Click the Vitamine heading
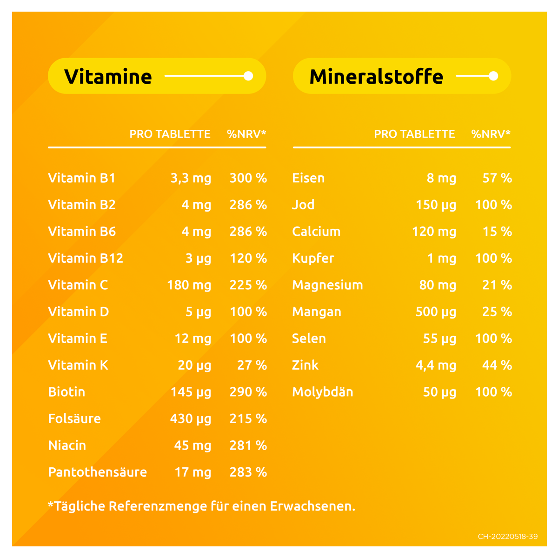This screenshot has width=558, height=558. (x=108, y=77)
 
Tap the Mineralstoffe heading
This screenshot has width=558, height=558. (x=376, y=77)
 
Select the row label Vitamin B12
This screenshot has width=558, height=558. (x=86, y=258)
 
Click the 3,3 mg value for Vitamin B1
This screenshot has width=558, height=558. (x=191, y=178)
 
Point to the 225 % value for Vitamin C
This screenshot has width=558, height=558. (x=248, y=285)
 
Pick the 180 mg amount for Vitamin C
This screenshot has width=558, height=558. (x=189, y=285)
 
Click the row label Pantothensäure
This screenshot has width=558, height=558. (x=98, y=472)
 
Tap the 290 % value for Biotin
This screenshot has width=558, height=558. (x=248, y=392)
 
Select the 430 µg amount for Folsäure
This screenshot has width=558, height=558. (x=191, y=419)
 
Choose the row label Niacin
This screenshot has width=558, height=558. (x=67, y=445)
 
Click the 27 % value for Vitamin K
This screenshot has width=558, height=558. (x=252, y=365)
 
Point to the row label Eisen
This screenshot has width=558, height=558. (x=308, y=178)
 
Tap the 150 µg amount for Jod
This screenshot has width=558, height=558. (x=436, y=205)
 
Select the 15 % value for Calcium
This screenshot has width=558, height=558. (x=497, y=232)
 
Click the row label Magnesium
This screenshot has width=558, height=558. (x=327, y=285)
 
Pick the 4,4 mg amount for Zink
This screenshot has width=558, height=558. (x=436, y=365)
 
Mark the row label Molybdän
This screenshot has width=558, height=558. (x=323, y=392)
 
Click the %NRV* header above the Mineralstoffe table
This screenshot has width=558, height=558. (x=491, y=134)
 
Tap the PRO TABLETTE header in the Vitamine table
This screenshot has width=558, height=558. (x=170, y=134)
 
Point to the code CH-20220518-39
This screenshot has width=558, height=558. (x=507, y=537)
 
